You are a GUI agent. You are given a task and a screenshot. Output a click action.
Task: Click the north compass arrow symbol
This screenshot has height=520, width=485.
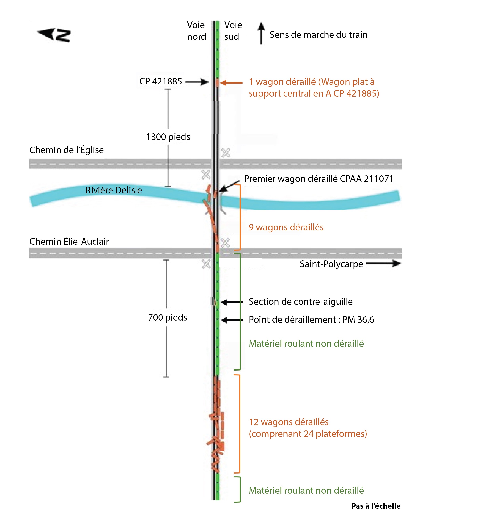[54, 35]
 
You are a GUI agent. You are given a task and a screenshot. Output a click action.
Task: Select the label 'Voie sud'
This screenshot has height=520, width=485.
[233, 31]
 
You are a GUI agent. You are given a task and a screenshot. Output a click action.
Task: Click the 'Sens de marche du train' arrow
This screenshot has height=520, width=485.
[261, 33]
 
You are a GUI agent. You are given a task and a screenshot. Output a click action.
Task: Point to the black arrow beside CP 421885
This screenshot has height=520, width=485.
[197, 82]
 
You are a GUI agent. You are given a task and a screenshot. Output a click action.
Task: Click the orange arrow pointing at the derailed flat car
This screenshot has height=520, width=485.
[231, 83]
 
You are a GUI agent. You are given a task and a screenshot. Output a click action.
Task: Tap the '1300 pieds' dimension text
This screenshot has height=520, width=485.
[168, 137]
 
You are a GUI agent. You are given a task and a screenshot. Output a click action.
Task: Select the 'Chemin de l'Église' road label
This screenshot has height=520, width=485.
[66, 150]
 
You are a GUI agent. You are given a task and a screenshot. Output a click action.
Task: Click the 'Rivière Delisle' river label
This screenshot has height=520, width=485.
[114, 190]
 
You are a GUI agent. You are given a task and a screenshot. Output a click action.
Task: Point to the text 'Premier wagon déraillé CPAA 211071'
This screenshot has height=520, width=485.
[318, 179]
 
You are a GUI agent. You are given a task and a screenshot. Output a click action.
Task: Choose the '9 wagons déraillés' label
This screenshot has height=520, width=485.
[286, 227]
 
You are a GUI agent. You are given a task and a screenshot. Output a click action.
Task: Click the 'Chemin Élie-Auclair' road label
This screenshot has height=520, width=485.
[69, 241]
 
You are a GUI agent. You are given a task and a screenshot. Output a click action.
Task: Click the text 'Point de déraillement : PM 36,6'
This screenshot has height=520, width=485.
[311, 319]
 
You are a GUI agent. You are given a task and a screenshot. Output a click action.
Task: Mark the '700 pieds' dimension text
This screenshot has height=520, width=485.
[168, 317]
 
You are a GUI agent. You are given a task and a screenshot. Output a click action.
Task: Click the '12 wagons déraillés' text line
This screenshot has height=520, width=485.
[288, 422]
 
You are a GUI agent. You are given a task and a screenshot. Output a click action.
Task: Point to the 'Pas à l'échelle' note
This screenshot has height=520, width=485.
[376, 506]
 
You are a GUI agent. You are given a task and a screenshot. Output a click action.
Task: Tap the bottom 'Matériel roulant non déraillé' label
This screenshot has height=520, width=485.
[306, 491]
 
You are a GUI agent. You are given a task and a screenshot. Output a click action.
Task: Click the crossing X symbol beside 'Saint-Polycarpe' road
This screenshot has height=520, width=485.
[206, 264]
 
